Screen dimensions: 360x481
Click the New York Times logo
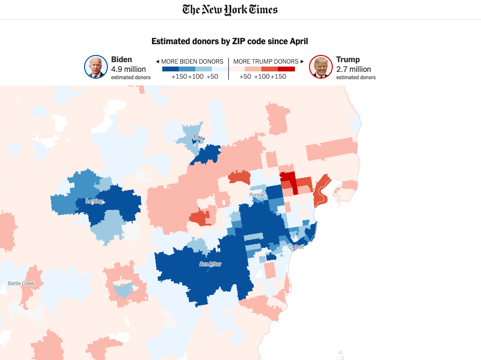click(230, 9)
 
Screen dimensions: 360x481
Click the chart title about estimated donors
click(230, 41)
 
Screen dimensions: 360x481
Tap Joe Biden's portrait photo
click(96, 67)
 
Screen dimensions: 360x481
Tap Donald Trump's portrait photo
click(321, 67)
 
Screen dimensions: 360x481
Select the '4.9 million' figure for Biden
click(128, 69)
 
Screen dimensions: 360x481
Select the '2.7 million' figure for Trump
click(353, 69)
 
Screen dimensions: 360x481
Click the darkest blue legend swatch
click(170, 69)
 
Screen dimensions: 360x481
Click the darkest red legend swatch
click(287, 69)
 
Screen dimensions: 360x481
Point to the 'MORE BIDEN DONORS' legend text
click(192, 61)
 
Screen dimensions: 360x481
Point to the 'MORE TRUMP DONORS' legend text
click(266, 61)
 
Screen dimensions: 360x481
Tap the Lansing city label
click(94, 201)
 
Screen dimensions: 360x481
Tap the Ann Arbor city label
click(210, 264)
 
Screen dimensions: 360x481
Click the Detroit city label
click(296, 247)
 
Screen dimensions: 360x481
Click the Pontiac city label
click(258, 195)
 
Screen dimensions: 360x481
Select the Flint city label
click(198, 138)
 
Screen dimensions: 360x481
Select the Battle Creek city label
click(21, 283)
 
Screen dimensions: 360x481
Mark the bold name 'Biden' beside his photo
click(121, 59)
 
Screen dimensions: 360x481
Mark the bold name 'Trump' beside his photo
click(348, 59)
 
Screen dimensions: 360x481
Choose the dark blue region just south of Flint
click(206, 154)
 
